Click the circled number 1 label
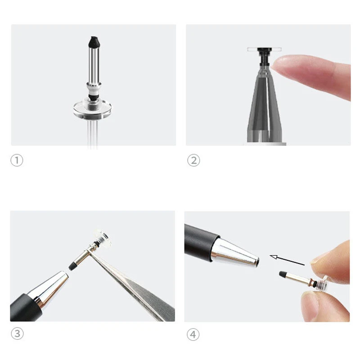click(17, 161)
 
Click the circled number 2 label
click(193, 161)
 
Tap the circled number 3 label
click(17, 334)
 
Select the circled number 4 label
click(193, 334)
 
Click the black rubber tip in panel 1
click(93, 42)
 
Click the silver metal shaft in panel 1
click(93, 65)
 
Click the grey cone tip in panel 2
click(265, 103)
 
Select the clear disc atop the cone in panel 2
click(264, 49)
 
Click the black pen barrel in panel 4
click(200, 241)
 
